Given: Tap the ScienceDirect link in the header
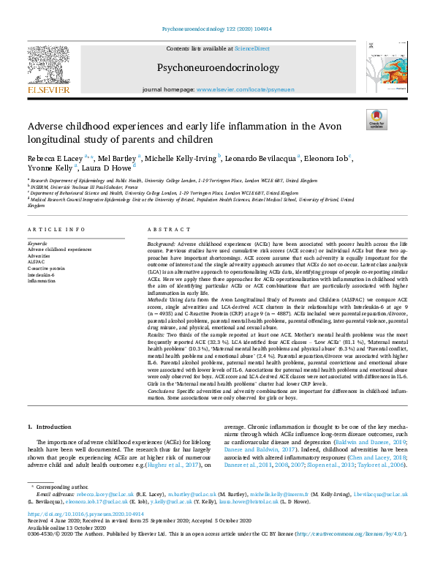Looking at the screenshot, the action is click(x=251, y=48).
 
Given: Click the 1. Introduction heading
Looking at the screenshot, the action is click(x=50, y=426).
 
